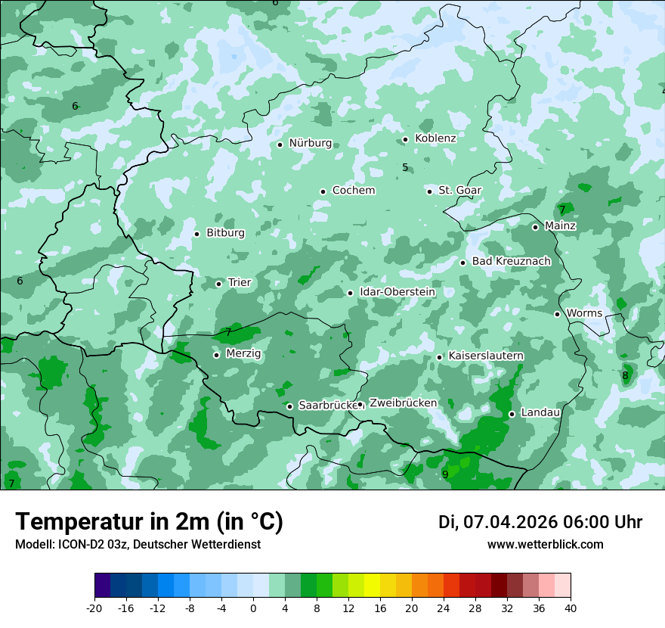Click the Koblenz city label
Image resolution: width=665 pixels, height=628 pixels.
click(435, 138)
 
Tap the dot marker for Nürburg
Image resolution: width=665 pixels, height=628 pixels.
click(280, 145)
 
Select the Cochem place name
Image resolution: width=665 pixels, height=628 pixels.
click(353, 191)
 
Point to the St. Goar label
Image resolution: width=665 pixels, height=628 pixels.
click(459, 191)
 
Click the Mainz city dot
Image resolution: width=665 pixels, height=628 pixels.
click(535, 227)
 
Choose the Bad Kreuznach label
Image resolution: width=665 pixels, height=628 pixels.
click(511, 262)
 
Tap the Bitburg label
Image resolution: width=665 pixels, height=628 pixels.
click(225, 233)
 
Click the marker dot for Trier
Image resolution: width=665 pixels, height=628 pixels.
click(218, 284)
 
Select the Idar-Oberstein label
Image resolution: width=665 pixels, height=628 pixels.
click(397, 292)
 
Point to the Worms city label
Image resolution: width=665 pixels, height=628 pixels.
click(584, 313)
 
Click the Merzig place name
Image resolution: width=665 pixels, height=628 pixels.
click(243, 354)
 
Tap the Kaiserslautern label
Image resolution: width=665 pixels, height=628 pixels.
click(486, 356)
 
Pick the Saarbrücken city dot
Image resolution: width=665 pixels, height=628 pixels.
click(289, 406)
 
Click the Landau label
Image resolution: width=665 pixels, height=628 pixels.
click(540, 413)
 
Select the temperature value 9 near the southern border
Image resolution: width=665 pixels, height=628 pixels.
click(445, 474)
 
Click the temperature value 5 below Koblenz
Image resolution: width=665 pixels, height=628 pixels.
click(405, 167)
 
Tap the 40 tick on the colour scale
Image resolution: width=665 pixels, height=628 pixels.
click(571, 608)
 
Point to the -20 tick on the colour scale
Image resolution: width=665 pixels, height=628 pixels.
click(94, 608)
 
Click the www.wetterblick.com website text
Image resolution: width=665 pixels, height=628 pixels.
click(545, 545)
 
